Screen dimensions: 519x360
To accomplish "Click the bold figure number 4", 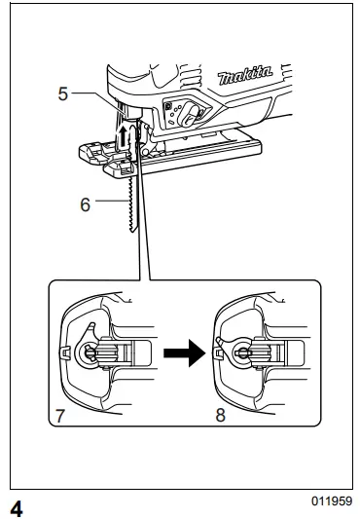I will coord(17,506).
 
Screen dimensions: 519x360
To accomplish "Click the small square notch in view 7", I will coord(62,352).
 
